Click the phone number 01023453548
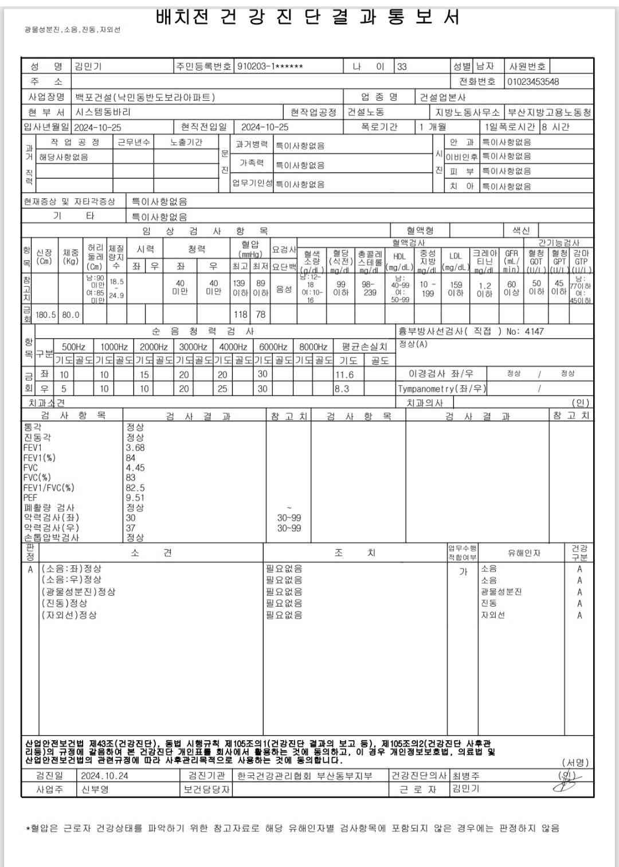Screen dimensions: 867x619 click(533, 81)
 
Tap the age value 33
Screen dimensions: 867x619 click(402, 67)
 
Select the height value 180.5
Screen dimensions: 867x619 click(46, 314)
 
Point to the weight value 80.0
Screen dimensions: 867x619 click(71, 314)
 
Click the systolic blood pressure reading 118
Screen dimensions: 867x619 click(241, 314)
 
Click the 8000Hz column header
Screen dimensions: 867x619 click(314, 347)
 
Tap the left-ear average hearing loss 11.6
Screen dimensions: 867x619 click(344, 374)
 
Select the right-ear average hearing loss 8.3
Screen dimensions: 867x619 click(342, 388)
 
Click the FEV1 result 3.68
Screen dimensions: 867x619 click(135, 448)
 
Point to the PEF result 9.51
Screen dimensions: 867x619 click(135, 498)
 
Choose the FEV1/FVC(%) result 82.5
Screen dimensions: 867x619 click(135, 488)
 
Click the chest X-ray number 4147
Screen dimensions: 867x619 click(534, 331)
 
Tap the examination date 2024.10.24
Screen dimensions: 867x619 click(104, 776)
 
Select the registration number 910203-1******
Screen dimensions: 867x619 click(270, 67)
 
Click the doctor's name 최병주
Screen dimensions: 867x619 click(466, 776)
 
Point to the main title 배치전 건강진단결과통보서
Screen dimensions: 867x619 click(308, 17)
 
